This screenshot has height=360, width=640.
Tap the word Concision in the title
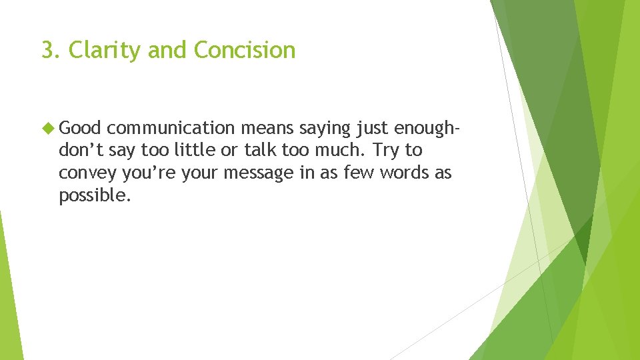point(245,50)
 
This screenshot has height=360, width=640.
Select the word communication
point(170,128)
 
